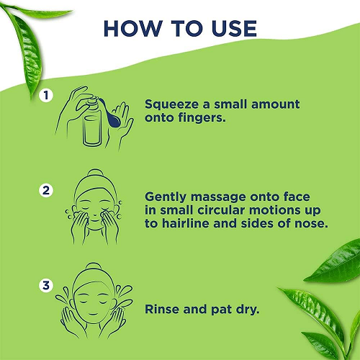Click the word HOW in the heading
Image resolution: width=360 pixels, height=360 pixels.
coord(132,29)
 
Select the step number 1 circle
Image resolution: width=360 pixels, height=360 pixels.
coord(46,96)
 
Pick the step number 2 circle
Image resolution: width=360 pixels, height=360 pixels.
coord(46,191)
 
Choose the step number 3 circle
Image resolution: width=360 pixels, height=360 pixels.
coord(46,286)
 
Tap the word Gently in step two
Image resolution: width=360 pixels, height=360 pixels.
coord(166,197)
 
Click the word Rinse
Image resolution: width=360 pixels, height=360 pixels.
coord(162,309)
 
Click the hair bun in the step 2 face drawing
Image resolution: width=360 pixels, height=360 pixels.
coord(95,174)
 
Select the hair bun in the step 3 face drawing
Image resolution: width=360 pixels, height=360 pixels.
coord(94,267)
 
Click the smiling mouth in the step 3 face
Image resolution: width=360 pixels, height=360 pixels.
coord(93,313)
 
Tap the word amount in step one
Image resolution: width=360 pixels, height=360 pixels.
coord(276,104)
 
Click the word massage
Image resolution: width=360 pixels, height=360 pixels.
coord(219,198)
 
